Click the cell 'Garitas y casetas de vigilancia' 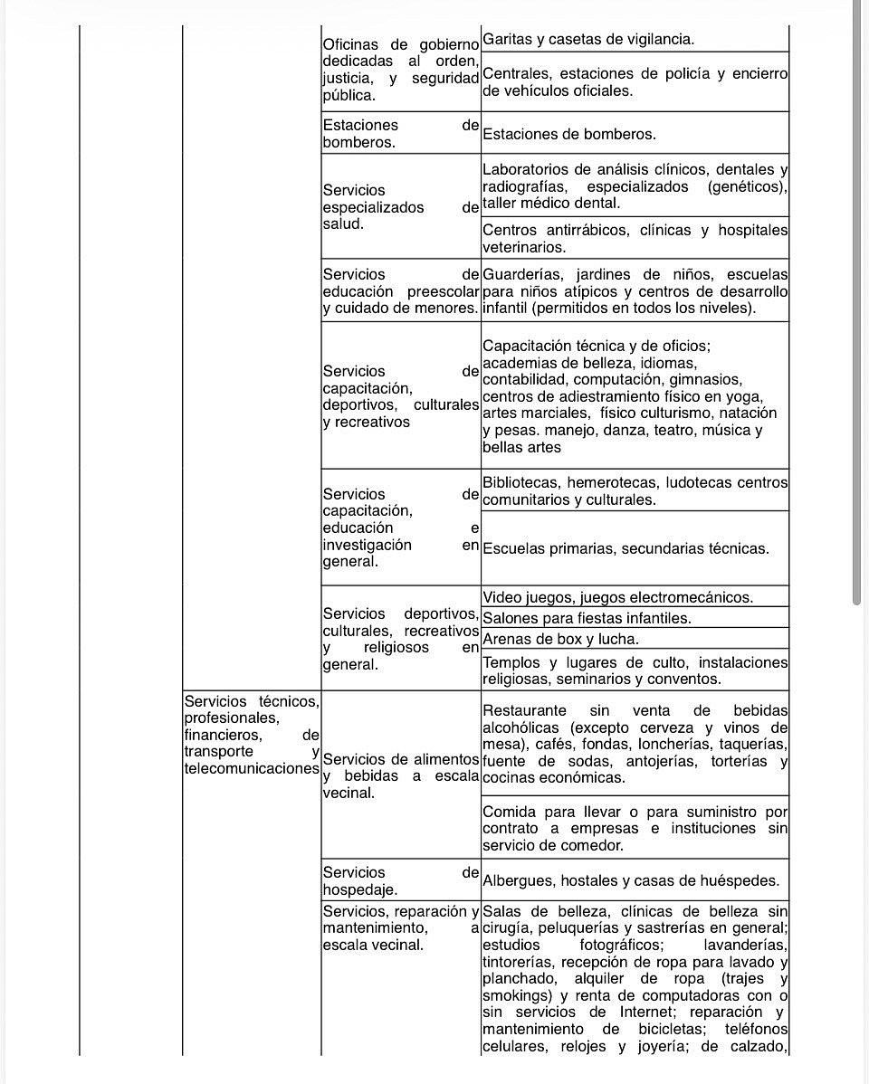click(634, 40)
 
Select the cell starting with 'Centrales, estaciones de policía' click(634, 82)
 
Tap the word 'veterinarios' click(524, 247)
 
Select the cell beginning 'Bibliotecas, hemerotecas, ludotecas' click(634, 490)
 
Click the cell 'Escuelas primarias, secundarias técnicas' click(634, 548)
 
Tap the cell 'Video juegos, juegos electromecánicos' click(634, 597)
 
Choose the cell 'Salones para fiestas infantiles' click(634, 618)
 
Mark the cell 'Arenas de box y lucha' click(634, 639)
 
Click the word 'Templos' click(511, 662)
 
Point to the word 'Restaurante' click(524, 710)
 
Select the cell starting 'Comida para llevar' click(634, 828)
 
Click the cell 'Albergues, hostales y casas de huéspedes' click(634, 880)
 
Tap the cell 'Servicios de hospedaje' click(400, 880)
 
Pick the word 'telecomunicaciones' click(252, 768)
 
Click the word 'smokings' click(513, 995)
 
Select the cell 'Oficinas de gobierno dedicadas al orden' click(400, 69)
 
